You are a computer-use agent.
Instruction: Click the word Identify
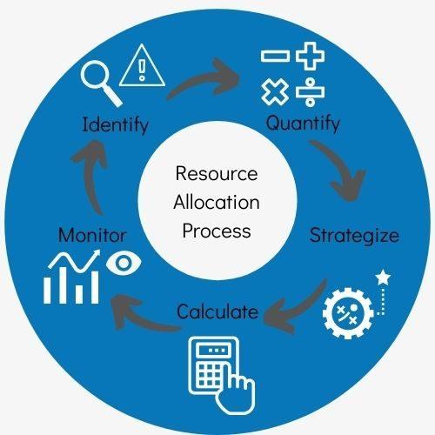116,125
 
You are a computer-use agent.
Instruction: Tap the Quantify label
303,124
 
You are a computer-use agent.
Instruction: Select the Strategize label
354,236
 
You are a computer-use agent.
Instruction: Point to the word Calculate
217,311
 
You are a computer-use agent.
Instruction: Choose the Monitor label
92,235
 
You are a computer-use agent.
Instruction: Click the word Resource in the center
217,173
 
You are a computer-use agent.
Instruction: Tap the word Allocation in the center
217,202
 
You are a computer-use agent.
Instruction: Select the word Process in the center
217,231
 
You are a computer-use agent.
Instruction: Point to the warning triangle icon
142,65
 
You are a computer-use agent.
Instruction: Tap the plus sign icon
310,56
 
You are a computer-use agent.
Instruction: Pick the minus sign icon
275,57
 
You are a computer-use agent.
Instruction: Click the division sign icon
310,92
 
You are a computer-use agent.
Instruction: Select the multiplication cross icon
275,92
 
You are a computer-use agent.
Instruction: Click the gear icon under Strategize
348,313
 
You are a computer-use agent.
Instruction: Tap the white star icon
383,278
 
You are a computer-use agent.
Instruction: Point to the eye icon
124,263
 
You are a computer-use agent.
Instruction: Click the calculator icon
222,375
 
